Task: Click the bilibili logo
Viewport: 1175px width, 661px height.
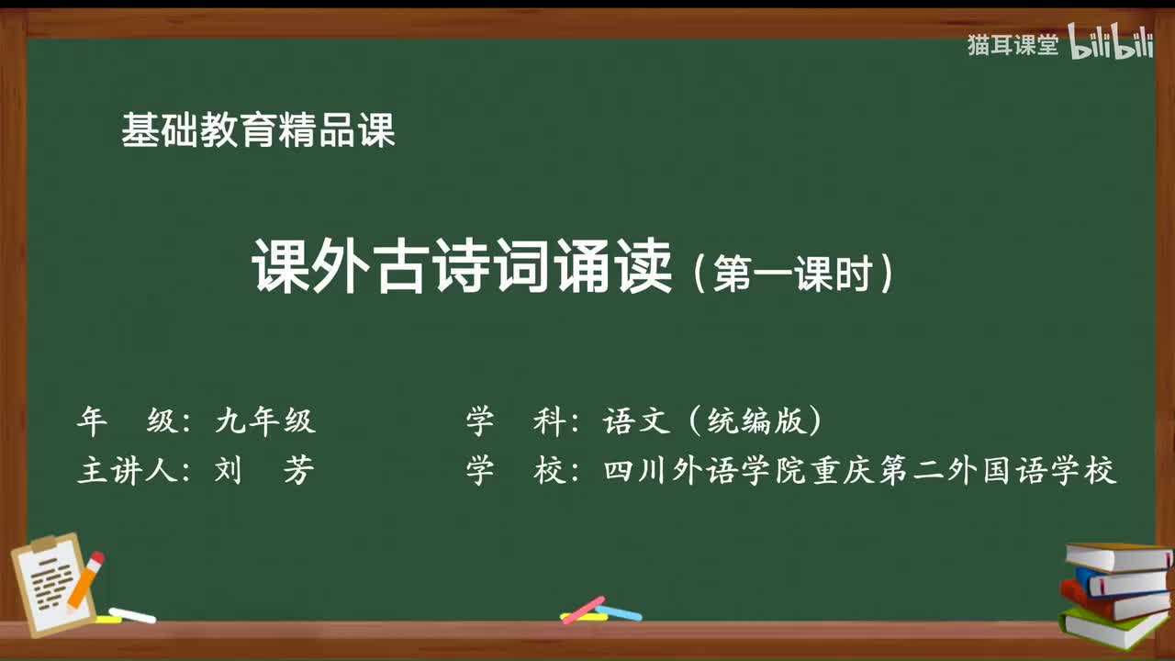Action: [1111, 44]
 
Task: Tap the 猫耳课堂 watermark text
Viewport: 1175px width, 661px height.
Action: [1013, 45]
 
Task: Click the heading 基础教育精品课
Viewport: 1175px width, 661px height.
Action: [258, 131]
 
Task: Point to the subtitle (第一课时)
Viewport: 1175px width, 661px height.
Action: [790, 273]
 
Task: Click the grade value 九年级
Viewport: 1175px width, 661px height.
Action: [265, 421]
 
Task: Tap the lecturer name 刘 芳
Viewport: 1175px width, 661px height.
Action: [263, 471]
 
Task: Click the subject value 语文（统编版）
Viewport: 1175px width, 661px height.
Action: [712, 421]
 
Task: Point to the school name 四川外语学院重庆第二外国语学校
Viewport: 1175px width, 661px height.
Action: [860, 471]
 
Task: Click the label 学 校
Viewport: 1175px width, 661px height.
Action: [513, 471]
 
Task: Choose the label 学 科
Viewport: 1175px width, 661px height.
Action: [513, 421]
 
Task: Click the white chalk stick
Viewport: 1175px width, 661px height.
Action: [132, 614]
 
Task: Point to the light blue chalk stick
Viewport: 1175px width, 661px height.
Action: [619, 611]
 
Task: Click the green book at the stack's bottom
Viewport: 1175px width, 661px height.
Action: [1113, 625]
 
